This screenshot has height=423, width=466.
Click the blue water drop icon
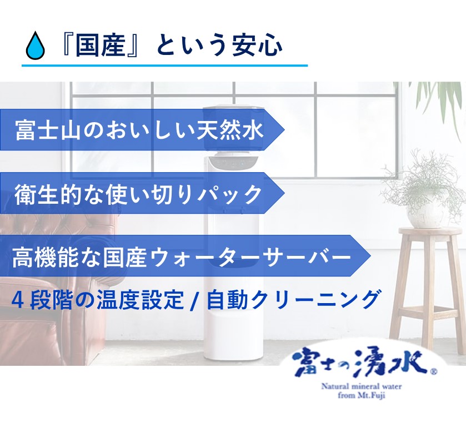point(36,44)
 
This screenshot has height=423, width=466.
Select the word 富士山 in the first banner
point(48,130)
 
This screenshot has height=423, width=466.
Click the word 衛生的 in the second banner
point(48,194)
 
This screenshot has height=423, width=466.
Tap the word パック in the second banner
point(231,194)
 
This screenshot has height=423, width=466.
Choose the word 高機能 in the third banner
point(45,257)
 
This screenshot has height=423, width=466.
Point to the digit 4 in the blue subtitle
point(17,300)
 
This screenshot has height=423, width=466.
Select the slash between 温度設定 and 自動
point(194,301)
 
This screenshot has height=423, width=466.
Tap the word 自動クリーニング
point(293,300)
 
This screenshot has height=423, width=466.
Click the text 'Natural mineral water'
point(361,386)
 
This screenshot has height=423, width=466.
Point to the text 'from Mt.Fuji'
point(362,395)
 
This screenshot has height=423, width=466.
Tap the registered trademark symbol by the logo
point(433,371)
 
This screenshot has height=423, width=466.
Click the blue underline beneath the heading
point(164,65)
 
